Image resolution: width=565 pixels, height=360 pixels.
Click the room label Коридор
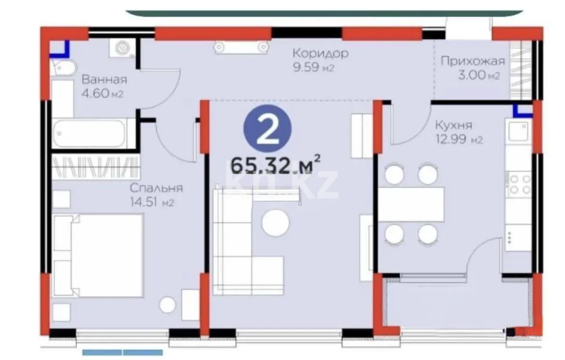click(320, 53)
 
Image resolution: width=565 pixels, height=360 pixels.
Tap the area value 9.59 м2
click(313, 67)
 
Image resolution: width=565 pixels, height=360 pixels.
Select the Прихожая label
click(472, 61)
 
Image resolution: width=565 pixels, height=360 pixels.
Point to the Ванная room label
click(104, 79)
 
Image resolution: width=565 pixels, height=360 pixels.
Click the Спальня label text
click(156, 188)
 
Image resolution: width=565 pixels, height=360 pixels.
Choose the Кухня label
click(453, 126)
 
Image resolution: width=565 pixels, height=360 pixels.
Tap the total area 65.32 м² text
click(275, 166)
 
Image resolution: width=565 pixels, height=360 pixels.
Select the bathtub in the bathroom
click(89, 133)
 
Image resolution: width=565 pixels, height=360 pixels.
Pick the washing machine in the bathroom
click(123, 49)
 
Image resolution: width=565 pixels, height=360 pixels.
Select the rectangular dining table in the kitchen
click(411, 204)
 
